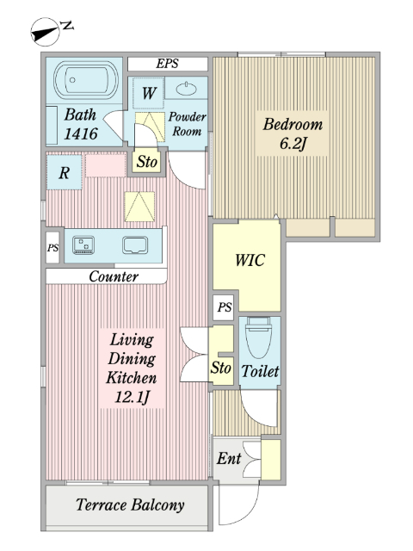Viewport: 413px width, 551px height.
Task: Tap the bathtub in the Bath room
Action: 86,80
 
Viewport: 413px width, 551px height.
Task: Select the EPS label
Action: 167,64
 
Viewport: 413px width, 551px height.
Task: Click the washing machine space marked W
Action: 149,93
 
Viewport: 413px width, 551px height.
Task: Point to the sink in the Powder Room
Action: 187,89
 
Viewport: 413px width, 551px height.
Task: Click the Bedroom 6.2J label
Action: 293,134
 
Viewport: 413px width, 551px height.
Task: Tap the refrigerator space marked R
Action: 65,172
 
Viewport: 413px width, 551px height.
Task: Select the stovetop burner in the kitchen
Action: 83,245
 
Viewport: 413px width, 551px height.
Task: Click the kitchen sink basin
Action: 135,245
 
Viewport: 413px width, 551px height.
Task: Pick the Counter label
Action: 114,276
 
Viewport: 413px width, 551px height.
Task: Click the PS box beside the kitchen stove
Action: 52,247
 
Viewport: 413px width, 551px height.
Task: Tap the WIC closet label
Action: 250,260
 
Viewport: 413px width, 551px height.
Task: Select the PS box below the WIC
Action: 225,307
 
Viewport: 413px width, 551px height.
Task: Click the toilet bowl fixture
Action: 259,337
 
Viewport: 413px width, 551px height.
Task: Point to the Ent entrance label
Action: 229,458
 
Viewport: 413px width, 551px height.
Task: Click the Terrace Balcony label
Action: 130,505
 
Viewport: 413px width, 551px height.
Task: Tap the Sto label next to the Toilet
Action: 221,368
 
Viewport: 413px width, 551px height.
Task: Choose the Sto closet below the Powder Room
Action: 147,162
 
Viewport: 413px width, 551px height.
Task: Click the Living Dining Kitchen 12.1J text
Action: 132,368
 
